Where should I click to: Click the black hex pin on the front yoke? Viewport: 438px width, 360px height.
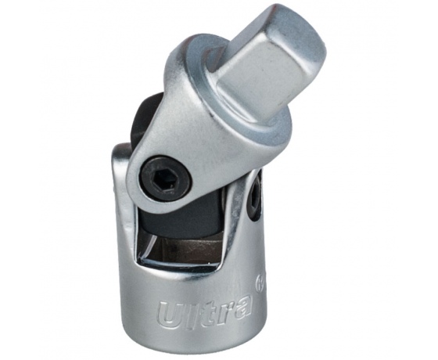click(166, 178)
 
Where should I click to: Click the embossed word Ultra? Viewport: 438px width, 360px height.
click(205, 311)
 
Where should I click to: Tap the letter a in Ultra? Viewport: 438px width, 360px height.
click(242, 303)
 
